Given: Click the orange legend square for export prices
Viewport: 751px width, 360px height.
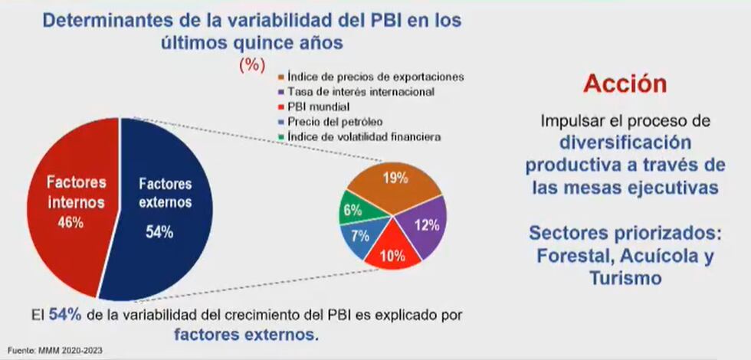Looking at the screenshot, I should (x=283, y=77).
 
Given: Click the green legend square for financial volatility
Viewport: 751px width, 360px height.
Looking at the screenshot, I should (x=283, y=136).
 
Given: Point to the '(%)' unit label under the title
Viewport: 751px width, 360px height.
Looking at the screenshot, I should (x=252, y=65).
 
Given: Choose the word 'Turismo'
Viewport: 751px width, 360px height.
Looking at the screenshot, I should (x=625, y=278).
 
